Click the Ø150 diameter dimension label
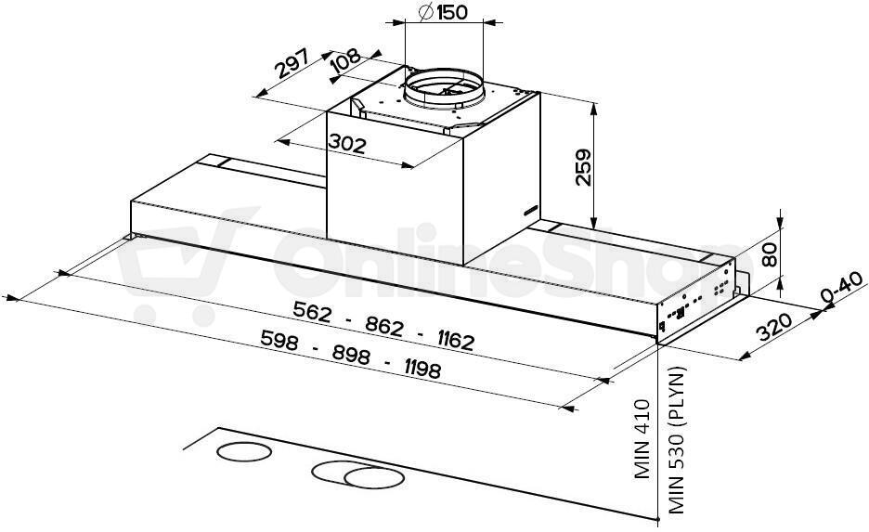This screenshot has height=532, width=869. tap(444, 12)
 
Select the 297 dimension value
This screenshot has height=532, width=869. tap(292, 63)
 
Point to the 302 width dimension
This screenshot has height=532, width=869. tap(347, 144)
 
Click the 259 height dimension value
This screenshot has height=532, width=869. tap(584, 167)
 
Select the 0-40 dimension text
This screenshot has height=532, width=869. tap(843, 287)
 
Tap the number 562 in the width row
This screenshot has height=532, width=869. tap(312, 312)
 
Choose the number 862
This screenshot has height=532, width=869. tap(384, 327)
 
